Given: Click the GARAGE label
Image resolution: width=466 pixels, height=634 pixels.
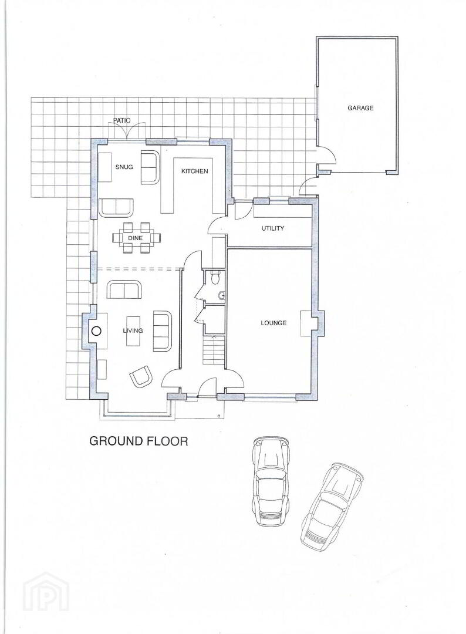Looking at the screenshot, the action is [360, 108].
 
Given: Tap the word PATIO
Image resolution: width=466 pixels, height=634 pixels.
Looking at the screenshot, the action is [121, 120].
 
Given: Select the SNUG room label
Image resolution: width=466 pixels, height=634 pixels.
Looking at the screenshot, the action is [124, 167].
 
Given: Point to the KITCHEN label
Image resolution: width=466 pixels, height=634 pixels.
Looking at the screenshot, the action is [194, 171].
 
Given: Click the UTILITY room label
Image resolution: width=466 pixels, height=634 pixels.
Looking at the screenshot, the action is [273, 228].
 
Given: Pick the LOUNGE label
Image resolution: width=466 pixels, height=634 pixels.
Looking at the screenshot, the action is [273, 323].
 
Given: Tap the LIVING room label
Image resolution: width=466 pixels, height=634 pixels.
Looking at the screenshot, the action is [133, 331].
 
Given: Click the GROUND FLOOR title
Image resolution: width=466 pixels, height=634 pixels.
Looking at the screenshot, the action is [139, 441].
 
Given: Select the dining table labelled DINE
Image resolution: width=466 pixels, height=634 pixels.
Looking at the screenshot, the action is [136, 238].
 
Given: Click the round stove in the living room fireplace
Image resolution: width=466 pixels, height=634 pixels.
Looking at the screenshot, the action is [96, 331].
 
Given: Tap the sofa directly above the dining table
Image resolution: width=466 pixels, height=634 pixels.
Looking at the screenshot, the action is [116, 208].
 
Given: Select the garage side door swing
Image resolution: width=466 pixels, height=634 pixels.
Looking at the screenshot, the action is [326, 155].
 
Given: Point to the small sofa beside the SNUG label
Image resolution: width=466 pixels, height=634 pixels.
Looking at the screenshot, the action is [149, 167].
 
